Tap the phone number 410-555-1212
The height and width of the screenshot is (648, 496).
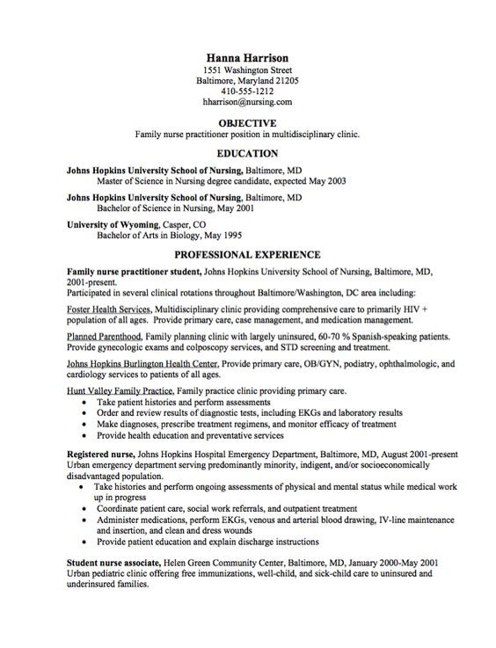click(247, 91)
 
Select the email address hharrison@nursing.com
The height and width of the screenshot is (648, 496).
click(247, 102)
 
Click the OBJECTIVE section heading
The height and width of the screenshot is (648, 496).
click(247, 123)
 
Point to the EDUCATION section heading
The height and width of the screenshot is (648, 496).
click(247, 153)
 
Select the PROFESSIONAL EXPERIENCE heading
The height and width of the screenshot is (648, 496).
click(247, 254)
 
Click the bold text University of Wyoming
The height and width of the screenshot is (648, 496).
click(110, 225)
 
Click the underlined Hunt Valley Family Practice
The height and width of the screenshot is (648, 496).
click(120, 390)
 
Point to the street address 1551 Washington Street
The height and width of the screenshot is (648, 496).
click(247, 69)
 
